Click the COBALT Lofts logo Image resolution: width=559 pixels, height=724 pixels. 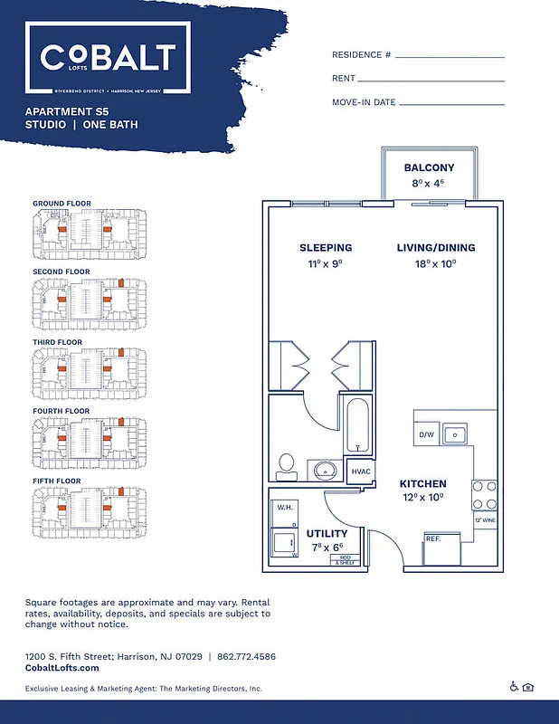[108, 59]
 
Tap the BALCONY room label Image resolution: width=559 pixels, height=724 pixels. [429, 168]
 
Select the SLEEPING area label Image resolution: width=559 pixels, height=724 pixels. [326, 248]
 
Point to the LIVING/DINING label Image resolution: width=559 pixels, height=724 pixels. [435, 248]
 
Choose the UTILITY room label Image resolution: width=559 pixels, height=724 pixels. [327, 533]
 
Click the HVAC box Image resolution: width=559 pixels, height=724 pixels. [361, 472]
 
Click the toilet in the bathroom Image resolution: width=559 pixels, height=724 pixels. [288, 464]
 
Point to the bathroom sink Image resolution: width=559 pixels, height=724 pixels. [324, 470]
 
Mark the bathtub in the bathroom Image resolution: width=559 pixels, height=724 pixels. [358, 425]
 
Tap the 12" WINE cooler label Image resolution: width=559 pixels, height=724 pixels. [485, 520]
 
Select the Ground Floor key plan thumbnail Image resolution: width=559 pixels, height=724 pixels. [88, 230]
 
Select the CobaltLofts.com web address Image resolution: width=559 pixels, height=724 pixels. [62, 668]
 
